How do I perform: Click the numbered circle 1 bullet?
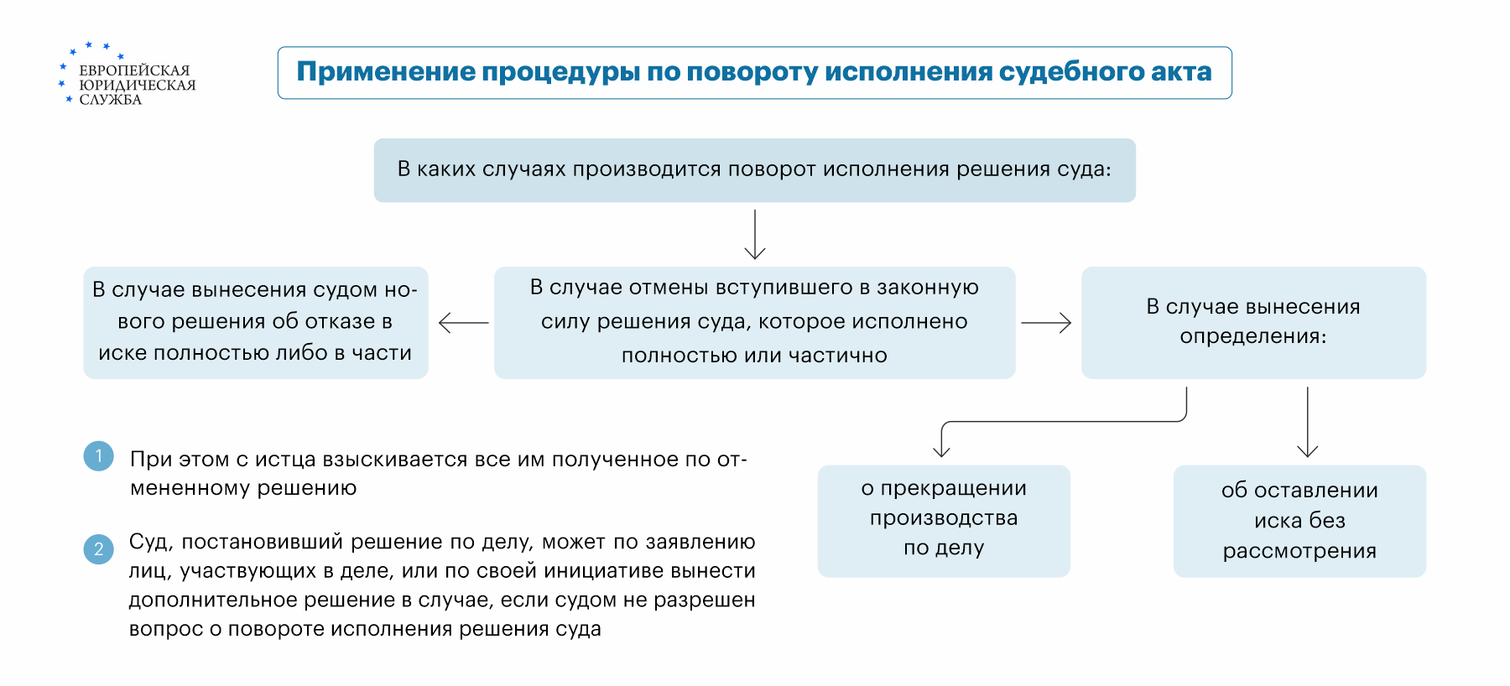[99, 456]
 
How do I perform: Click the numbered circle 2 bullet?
[99, 549]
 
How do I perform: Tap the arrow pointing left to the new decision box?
[463, 323]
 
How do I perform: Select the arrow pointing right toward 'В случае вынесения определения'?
[1046, 323]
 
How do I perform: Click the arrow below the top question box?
[755, 235]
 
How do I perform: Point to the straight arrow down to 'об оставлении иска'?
[1307, 422]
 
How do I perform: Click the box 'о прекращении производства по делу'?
[944, 521]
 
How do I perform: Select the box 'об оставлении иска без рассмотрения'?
[1299, 521]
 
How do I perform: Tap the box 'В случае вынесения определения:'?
[1253, 322]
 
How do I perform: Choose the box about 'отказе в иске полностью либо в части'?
[256, 322]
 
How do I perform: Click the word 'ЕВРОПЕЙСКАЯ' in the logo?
[134, 70]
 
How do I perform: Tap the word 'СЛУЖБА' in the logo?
[110, 100]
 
